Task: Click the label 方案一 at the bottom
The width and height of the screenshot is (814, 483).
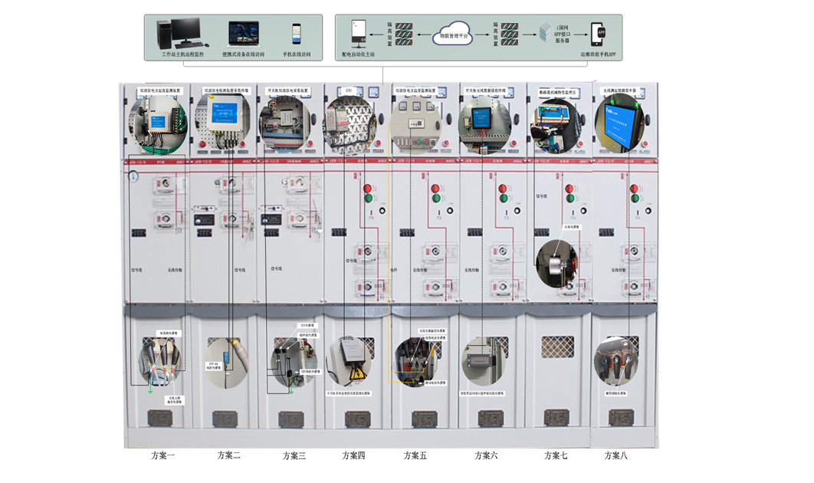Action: click(x=162, y=455)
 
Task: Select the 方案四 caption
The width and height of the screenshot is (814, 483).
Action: click(x=353, y=455)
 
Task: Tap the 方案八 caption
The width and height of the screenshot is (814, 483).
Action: click(x=615, y=455)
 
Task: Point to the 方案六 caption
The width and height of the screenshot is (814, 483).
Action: click(x=486, y=455)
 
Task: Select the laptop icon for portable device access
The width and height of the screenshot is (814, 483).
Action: click(x=243, y=34)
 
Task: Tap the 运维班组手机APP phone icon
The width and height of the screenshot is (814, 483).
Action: click(x=600, y=33)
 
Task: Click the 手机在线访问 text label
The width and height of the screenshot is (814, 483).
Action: click(x=297, y=55)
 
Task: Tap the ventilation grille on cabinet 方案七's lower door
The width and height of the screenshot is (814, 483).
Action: click(x=557, y=347)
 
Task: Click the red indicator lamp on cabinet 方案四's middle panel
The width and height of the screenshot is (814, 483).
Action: click(x=366, y=189)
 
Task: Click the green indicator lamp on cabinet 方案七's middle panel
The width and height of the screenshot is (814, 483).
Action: click(x=569, y=199)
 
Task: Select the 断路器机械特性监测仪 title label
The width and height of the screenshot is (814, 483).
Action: click(x=556, y=92)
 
